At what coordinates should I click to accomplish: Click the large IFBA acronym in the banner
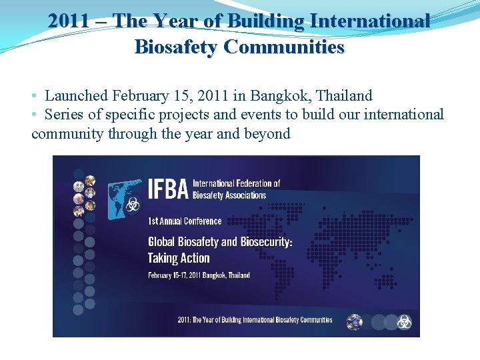[x=167, y=189]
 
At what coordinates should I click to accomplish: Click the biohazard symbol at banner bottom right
[x=404, y=322]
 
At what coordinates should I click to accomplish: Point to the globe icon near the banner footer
[x=354, y=322]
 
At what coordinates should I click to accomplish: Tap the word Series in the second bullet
[x=65, y=115]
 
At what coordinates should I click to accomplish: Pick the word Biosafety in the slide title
[x=176, y=47]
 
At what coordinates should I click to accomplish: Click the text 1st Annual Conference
[x=185, y=221]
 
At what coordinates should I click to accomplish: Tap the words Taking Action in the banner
[x=179, y=258]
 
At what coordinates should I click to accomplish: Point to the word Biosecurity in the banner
[x=262, y=241]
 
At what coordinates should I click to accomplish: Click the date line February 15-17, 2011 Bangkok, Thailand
[x=199, y=275]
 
